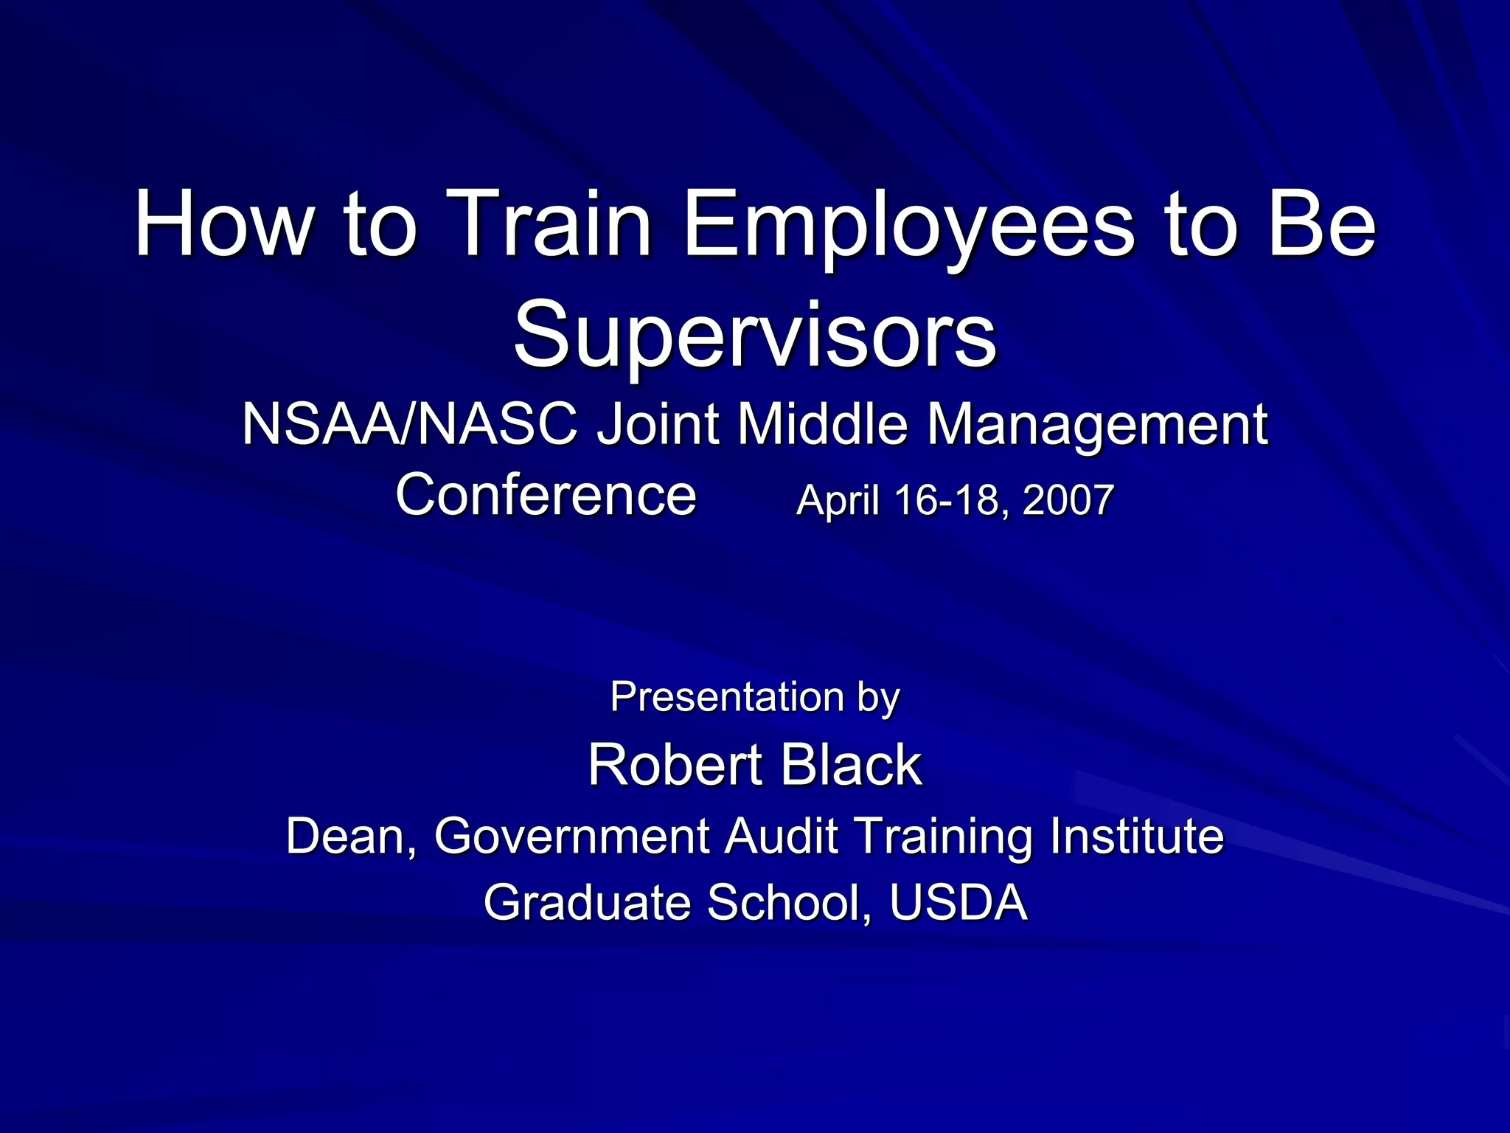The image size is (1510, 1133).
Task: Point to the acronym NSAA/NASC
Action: pos(409,425)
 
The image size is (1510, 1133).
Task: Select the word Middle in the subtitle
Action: pos(822,425)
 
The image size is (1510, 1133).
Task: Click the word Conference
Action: pos(546,495)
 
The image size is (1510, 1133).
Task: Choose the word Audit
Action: pos(782,836)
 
